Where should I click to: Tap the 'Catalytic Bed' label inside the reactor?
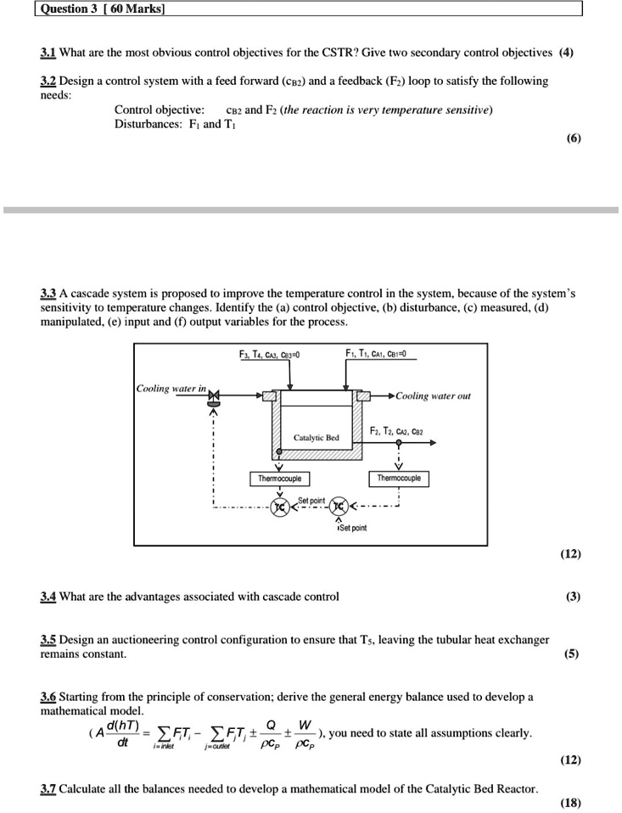pos(316,438)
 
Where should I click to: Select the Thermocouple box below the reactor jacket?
pos(280,479)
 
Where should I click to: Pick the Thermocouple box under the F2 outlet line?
pos(399,479)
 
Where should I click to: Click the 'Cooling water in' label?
pos(171,388)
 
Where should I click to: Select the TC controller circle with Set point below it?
pos(339,507)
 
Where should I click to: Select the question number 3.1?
pos(48,51)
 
